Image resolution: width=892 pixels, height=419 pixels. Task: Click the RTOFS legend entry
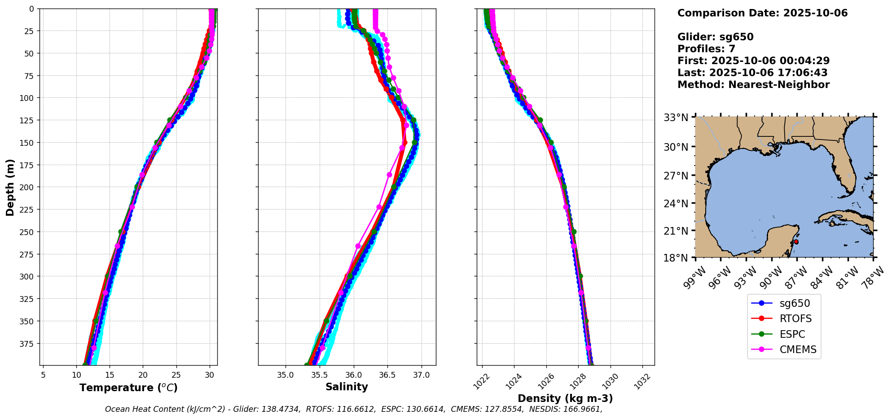click(795, 319)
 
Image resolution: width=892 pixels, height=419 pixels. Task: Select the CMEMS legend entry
click(797, 350)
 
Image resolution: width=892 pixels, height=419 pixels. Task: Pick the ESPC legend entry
click(792, 334)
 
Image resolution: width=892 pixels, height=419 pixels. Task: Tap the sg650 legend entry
click(795, 303)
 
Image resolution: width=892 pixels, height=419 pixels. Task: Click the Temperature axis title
click(128, 388)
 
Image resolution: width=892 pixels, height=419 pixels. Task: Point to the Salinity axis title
click(347, 387)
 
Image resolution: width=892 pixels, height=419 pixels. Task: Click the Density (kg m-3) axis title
click(565, 398)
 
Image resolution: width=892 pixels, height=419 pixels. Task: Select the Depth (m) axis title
click(10, 187)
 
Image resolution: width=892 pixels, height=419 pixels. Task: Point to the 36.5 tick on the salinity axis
click(387, 375)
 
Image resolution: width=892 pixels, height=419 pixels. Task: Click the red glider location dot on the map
click(796, 242)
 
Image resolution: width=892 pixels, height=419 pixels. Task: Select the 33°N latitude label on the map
click(676, 118)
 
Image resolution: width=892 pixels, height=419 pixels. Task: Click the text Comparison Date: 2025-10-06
click(762, 13)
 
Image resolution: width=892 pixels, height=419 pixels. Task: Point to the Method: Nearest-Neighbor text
click(753, 85)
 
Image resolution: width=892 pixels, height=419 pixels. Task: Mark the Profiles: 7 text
click(706, 49)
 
